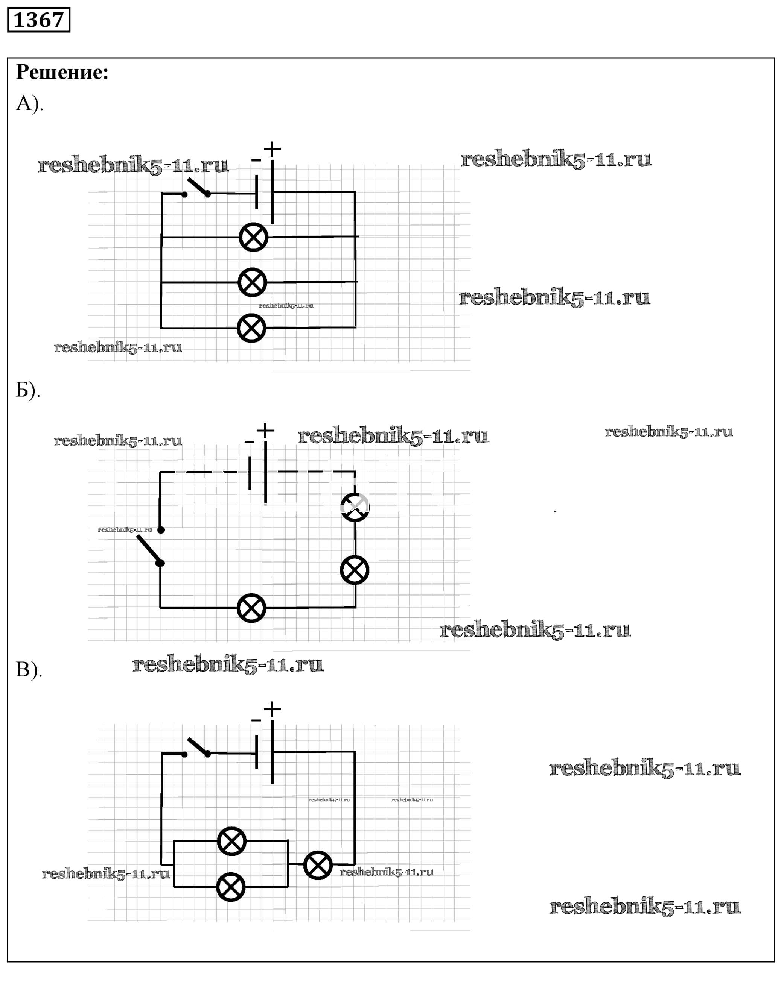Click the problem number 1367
(39, 20)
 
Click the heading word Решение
(62, 72)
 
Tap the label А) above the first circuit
(29, 104)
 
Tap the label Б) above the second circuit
(28, 390)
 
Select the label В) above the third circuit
(29, 669)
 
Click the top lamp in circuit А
(253, 237)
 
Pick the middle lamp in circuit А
(252, 282)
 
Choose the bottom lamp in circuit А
(251, 328)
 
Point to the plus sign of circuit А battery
(273, 149)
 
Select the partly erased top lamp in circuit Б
(355, 507)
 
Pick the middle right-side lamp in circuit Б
(354, 570)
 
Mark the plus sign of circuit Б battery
(265, 430)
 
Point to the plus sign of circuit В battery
(273, 709)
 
